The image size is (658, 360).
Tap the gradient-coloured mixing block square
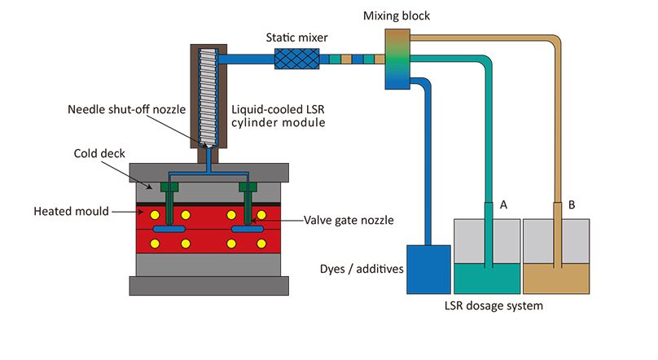(397, 59)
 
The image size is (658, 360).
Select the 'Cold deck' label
(96, 152)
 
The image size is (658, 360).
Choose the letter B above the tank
(572, 205)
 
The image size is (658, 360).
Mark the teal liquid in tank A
(486, 278)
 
